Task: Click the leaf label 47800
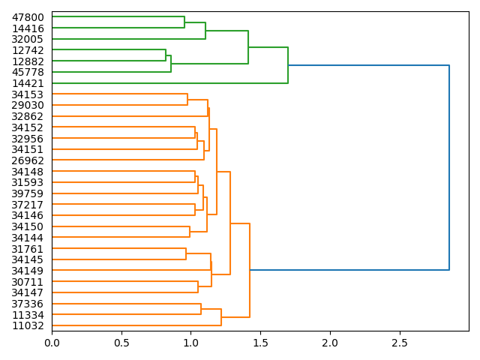tap(28, 17)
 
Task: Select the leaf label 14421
tap(28, 83)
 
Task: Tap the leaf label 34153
tap(28, 94)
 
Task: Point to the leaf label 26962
tap(28, 160)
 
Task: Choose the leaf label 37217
tap(28, 205)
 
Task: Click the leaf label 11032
tap(28, 325)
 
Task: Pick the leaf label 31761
tap(28, 249)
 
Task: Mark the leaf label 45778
tap(28, 72)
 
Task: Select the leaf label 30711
tap(28, 282)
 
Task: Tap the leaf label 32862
tap(28, 116)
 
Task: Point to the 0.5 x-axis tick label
tap(121, 343)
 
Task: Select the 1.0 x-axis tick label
tap(190, 343)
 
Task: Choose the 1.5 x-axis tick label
tap(260, 343)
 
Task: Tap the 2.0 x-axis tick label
tap(330, 343)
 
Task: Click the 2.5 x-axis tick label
tap(399, 343)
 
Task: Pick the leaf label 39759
tap(28, 193)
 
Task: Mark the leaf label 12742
tap(28, 50)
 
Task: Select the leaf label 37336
tap(28, 304)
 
